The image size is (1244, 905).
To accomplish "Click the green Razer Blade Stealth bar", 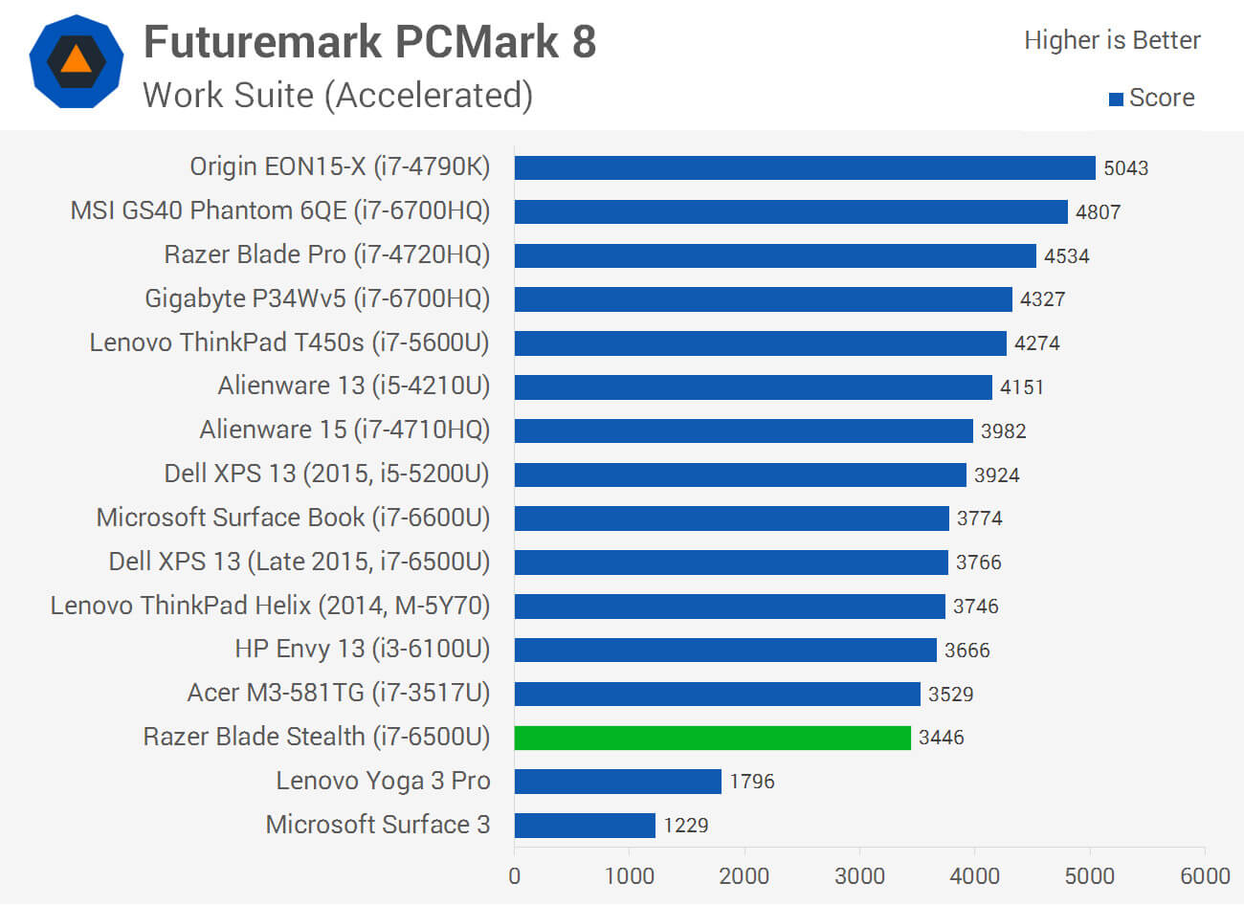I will point(712,738).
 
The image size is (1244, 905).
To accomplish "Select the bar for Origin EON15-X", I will point(804,167).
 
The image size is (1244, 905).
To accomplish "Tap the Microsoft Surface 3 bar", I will point(585,825).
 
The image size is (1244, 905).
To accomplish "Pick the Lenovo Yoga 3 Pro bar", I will point(617,782).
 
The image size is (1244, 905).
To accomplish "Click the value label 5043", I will point(1125,168).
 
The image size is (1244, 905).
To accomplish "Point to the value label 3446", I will point(941,738).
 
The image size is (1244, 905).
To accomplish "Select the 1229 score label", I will point(686,825).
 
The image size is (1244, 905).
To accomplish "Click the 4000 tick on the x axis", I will point(974,875).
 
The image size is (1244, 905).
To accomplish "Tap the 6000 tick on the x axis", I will point(1204,875).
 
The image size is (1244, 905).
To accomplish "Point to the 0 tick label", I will point(515,875).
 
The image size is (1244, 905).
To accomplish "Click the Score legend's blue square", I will point(1116,99).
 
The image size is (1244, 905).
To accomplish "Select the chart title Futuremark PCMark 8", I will point(369,42).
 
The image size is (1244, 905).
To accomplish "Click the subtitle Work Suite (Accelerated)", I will point(338,96).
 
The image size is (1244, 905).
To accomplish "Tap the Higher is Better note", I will point(1112,40).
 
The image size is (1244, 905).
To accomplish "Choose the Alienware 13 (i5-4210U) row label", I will point(353,386).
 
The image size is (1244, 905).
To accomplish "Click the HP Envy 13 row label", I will point(362,649).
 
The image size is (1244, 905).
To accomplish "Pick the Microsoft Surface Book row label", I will point(293,518).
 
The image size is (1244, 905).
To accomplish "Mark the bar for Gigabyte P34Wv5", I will point(763,299).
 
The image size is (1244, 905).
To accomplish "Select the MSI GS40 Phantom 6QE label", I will point(279,210).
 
